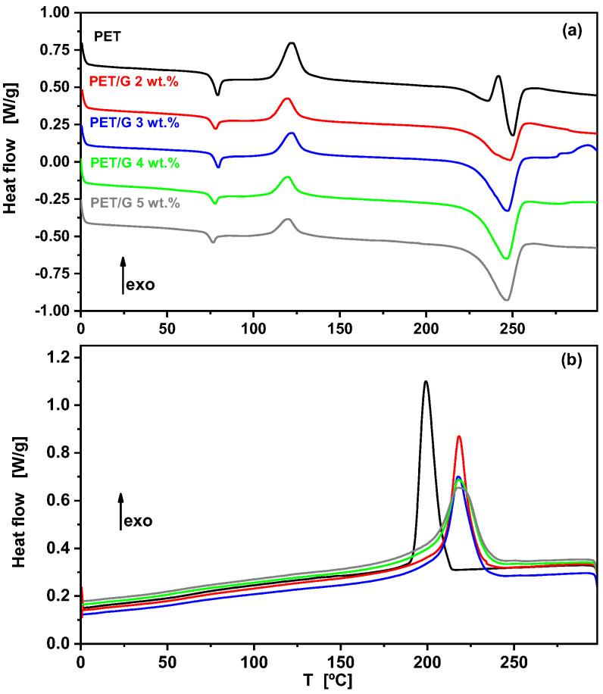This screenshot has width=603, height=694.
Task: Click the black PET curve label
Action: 106,35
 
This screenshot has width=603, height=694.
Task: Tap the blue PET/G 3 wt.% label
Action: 133,121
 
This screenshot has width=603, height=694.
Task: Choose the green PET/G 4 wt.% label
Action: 133,162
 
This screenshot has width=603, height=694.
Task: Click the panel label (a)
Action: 572,31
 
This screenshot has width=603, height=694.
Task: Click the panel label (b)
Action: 572,361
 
